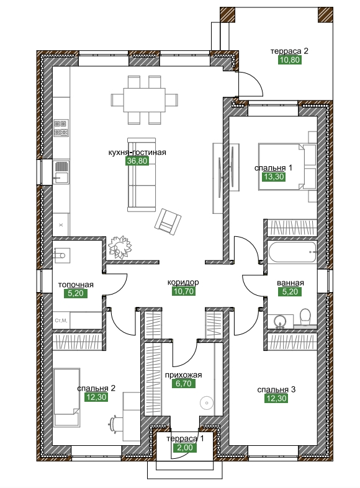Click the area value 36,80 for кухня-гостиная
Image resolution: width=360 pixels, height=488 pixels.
coord(137,161)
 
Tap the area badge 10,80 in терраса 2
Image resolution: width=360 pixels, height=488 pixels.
coord(290,60)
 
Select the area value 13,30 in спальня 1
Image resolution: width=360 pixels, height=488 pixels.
coord(274,177)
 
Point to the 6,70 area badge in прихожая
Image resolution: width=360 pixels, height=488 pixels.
coord(184,383)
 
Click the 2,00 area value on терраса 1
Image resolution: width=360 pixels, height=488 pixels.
coord(186,448)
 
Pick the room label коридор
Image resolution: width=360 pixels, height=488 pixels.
coord(183,282)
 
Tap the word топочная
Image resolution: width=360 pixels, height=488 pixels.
coord(76,285)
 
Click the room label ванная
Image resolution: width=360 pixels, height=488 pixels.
coord(290,283)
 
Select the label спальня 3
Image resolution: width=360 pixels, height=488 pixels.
coord(277,389)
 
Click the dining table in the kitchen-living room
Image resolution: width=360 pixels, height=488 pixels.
coord(144,100)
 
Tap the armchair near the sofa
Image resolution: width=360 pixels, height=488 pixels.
coord(168,221)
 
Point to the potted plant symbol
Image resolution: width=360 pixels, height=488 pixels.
coord(120,246)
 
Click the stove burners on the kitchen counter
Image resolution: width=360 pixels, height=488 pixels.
coord(61,128)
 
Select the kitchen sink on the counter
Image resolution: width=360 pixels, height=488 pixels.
coord(61,172)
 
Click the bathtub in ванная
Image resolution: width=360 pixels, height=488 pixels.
coord(292,252)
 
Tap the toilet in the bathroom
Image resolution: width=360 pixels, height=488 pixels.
coord(305,317)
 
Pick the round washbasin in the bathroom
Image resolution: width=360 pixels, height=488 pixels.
coord(281,321)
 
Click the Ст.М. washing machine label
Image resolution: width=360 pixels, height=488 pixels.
coord(61,320)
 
